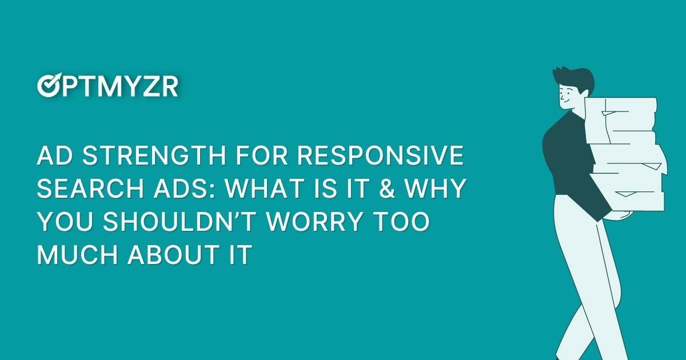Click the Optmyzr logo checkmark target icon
click(47, 86)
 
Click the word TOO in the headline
click(401, 222)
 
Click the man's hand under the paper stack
click(620, 215)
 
